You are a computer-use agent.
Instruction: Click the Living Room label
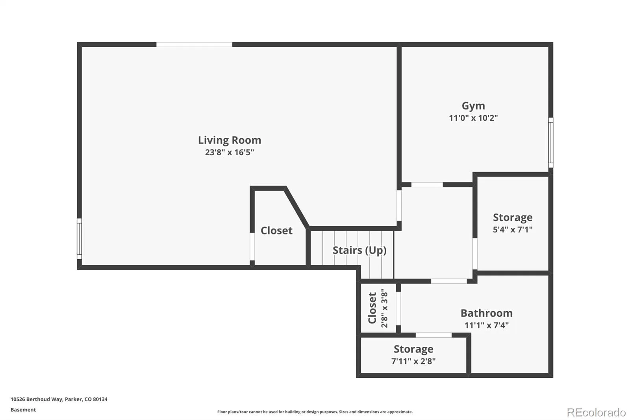[230, 140]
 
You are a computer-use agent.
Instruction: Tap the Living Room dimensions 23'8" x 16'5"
[230, 152]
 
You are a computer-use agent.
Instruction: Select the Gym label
[473, 106]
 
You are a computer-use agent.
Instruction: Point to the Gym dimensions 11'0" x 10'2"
[473, 118]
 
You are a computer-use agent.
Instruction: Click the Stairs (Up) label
[359, 250]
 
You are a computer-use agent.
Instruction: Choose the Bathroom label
[487, 313]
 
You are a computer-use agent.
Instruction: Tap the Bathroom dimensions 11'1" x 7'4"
[487, 325]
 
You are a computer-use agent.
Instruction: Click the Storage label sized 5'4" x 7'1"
[513, 217]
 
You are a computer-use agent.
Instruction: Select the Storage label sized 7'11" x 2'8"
[413, 349]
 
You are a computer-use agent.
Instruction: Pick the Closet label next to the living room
[276, 230]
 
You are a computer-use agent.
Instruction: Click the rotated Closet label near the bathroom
[372, 308]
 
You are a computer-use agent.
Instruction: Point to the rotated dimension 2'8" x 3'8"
[384, 308]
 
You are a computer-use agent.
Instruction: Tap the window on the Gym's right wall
[551, 143]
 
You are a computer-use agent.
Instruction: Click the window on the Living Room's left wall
[79, 239]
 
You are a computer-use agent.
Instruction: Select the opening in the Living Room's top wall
[194, 45]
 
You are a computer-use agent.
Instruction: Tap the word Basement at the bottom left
[23, 410]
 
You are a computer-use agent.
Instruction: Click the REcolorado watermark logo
[596, 413]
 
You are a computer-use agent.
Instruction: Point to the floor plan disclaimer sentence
[315, 412]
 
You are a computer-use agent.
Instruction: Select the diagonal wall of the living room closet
[297, 208]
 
